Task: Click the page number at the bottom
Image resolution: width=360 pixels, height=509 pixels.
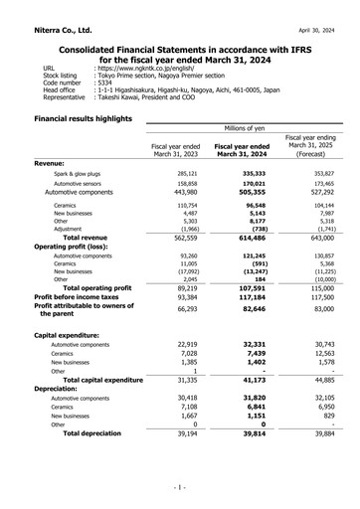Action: pyautogui.click(x=180, y=488)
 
